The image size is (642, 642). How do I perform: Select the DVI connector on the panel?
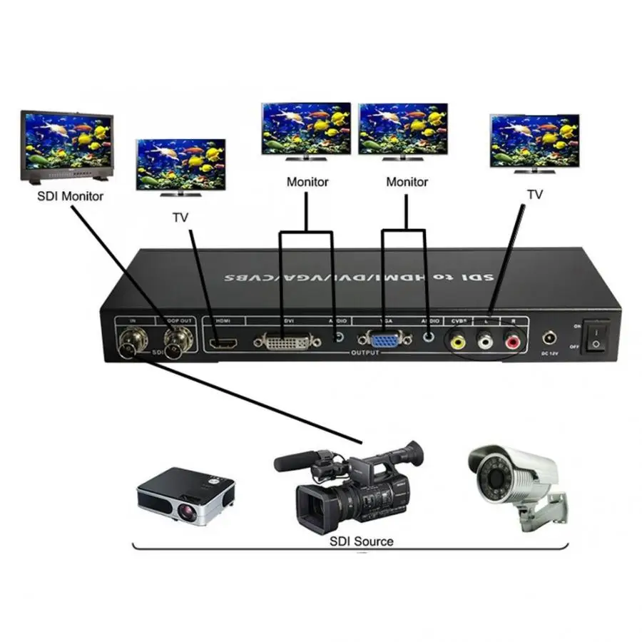tap(282, 342)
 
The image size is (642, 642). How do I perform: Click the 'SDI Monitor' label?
tap(71, 196)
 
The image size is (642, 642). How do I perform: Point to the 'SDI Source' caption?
tap(361, 541)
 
